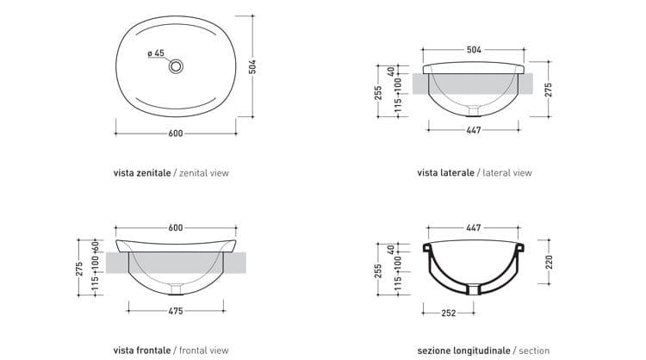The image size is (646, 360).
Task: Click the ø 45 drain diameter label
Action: click(156, 53)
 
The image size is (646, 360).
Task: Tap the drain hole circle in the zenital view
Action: click(177, 65)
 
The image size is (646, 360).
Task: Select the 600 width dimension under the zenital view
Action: click(176, 133)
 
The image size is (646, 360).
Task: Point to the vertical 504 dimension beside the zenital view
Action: click(252, 66)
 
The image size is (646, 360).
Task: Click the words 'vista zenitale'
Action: click(142, 172)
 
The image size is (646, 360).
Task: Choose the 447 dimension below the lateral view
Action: click(473, 130)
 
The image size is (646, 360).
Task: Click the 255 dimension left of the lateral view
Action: click(378, 92)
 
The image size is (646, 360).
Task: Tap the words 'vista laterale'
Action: click(445, 172)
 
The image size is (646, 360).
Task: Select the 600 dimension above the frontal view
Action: click(176, 227)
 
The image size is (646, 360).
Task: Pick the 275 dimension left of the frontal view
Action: click(79, 267)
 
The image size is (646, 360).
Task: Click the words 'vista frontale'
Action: click(142, 351)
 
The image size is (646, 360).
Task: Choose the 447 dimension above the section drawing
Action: click(473, 227)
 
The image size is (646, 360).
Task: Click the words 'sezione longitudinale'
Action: click(463, 351)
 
